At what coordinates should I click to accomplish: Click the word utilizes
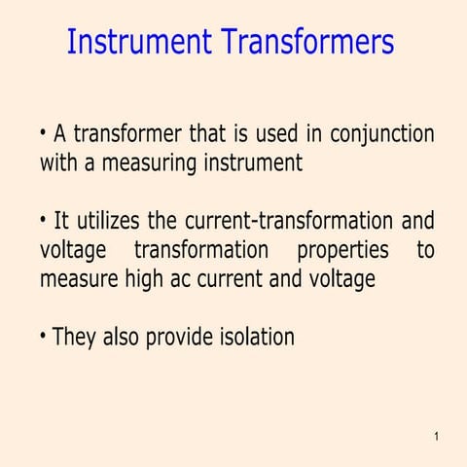click(x=108, y=221)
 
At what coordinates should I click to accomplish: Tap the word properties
click(x=342, y=250)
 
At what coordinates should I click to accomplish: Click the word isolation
click(x=254, y=338)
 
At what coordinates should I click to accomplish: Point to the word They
click(x=72, y=338)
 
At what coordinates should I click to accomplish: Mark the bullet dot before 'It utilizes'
click(x=44, y=220)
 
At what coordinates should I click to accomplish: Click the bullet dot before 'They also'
click(x=44, y=337)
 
